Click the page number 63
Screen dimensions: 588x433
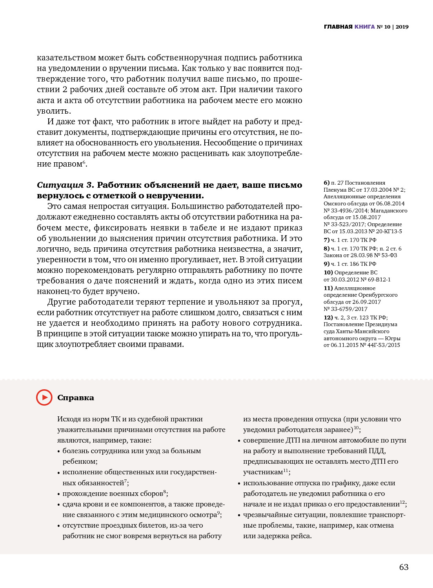[404, 567]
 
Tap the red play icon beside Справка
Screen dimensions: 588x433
[44, 397]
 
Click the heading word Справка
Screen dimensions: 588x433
[76, 397]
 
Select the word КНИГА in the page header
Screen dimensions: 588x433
[365, 27]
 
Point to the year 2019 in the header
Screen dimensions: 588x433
[402, 27]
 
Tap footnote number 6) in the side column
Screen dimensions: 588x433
[327, 183]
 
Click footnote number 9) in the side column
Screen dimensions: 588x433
[327, 264]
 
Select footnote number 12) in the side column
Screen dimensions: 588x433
[328, 318]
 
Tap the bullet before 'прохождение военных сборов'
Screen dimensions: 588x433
[59, 494]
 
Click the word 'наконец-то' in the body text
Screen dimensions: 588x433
[56, 291]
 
